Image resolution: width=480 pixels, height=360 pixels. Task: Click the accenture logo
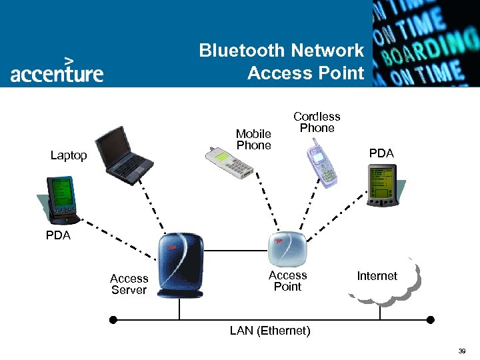point(57,70)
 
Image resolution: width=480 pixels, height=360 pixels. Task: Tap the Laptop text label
point(69,155)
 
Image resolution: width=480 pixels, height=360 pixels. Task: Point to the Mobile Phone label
point(253,139)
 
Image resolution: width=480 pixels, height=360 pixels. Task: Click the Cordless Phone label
point(317,122)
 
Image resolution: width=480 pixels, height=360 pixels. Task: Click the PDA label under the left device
point(58,235)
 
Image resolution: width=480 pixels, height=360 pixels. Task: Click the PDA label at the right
point(381,153)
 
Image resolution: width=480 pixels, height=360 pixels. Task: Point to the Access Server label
point(129,284)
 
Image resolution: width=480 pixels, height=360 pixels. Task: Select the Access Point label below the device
point(287,281)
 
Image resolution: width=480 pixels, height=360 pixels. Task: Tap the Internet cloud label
point(377,276)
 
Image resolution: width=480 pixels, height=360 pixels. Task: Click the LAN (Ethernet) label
point(270,331)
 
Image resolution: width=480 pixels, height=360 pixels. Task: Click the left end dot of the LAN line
point(113,320)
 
